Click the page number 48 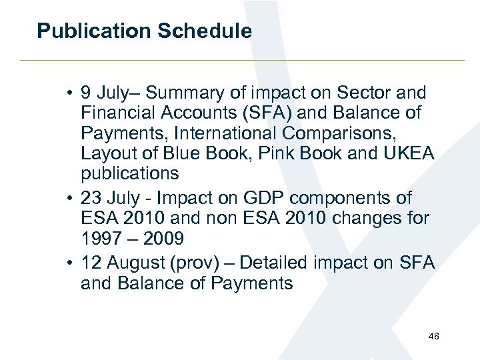pyautogui.click(x=433, y=336)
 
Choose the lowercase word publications pyautogui.click(x=130, y=174)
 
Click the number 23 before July pyautogui.click(x=91, y=198)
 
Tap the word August pyautogui.click(x=135, y=263)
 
